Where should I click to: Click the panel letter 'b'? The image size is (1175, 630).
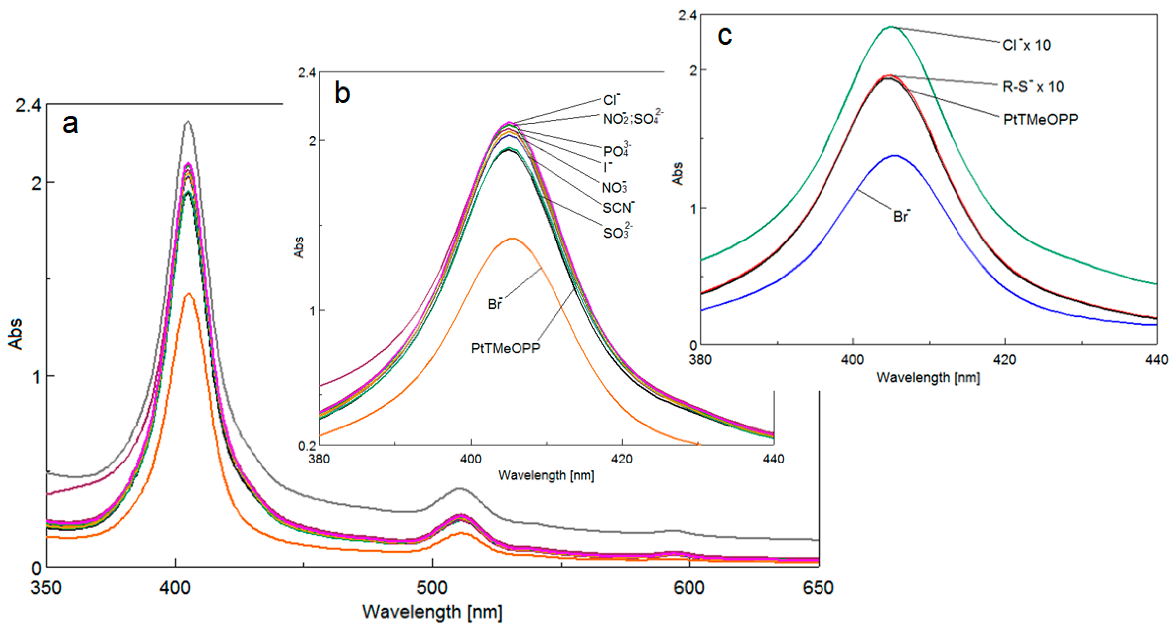click(x=342, y=93)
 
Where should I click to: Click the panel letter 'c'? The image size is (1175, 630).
click(x=725, y=36)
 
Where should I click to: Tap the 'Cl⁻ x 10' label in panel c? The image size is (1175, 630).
click(x=1026, y=45)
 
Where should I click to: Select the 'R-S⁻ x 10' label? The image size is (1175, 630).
click(x=1033, y=86)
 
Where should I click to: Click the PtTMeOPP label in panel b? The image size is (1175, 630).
click(x=505, y=348)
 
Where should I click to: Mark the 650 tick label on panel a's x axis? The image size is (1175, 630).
click(x=818, y=587)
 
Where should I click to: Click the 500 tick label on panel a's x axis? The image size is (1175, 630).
click(x=432, y=587)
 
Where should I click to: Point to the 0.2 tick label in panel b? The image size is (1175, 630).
click(x=307, y=446)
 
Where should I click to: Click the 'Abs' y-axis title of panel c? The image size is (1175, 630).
click(x=678, y=173)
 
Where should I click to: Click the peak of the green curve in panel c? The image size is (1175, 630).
click(x=890, y=27)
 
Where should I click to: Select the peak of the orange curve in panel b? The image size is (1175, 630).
click(x=512, y=238)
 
